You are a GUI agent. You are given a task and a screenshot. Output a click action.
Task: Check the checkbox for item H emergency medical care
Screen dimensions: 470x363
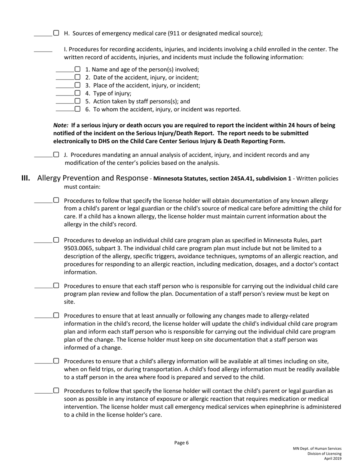pos(56,33)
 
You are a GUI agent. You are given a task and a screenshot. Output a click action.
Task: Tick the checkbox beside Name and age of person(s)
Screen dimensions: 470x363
pos(78,69)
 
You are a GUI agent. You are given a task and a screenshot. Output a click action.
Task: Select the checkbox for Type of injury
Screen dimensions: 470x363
pos(78,93)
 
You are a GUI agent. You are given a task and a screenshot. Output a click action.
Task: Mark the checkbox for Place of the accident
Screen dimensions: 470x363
pos(78,85)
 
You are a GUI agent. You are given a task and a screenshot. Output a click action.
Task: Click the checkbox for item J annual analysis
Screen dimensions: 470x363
pos(56,155)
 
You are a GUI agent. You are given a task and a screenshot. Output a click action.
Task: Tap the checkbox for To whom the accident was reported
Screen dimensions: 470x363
pos(78,109)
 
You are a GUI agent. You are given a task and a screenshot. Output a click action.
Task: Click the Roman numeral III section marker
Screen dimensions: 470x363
pos(26,178)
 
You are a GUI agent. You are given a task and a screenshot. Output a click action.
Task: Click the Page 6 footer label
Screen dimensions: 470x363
pos(181,443)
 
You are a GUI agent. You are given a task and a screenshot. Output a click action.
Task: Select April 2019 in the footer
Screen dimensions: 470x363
pos(333,459)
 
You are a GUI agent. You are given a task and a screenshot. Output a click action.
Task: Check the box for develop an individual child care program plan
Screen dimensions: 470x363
pos(56,240)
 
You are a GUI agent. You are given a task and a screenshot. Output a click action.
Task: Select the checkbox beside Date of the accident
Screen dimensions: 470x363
pos(78,77)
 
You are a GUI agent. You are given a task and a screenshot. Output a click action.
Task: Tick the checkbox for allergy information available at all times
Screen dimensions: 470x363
pos(56,361)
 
